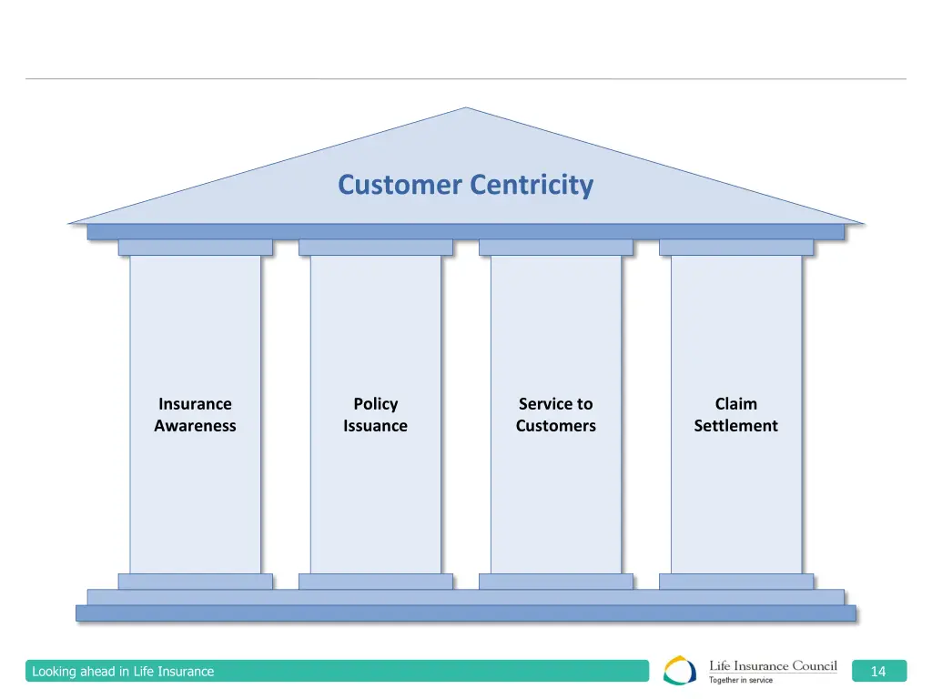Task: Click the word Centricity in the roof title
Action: [x=532, y=185]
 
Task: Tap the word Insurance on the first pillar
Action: [x=195, y=404]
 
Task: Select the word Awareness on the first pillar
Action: [x=195, y=426]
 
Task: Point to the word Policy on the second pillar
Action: [x=375, y=404]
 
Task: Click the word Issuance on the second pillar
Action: [x=375, y=426]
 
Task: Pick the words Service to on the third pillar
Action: [x=555, y=404]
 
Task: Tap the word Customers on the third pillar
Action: [x=555, y=426]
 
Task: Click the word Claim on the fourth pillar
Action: [x=735, y=404]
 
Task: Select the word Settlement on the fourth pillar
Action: [x=735, y=426]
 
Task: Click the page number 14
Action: [x=878, y=672]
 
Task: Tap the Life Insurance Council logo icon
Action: [x=680, y=671]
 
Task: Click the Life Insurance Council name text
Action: [x=773, y=666]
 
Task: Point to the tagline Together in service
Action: [x=741, y=680]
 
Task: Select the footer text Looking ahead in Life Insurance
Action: [x=123, y=672]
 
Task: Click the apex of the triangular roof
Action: [x=466, y=111]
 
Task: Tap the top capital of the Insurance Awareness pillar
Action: [x=195, y=247]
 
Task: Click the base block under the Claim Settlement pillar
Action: [x=735, y=581]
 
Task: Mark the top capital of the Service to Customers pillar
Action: [x=555, y=247]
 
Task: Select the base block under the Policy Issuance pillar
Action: [x=375, y=581]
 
